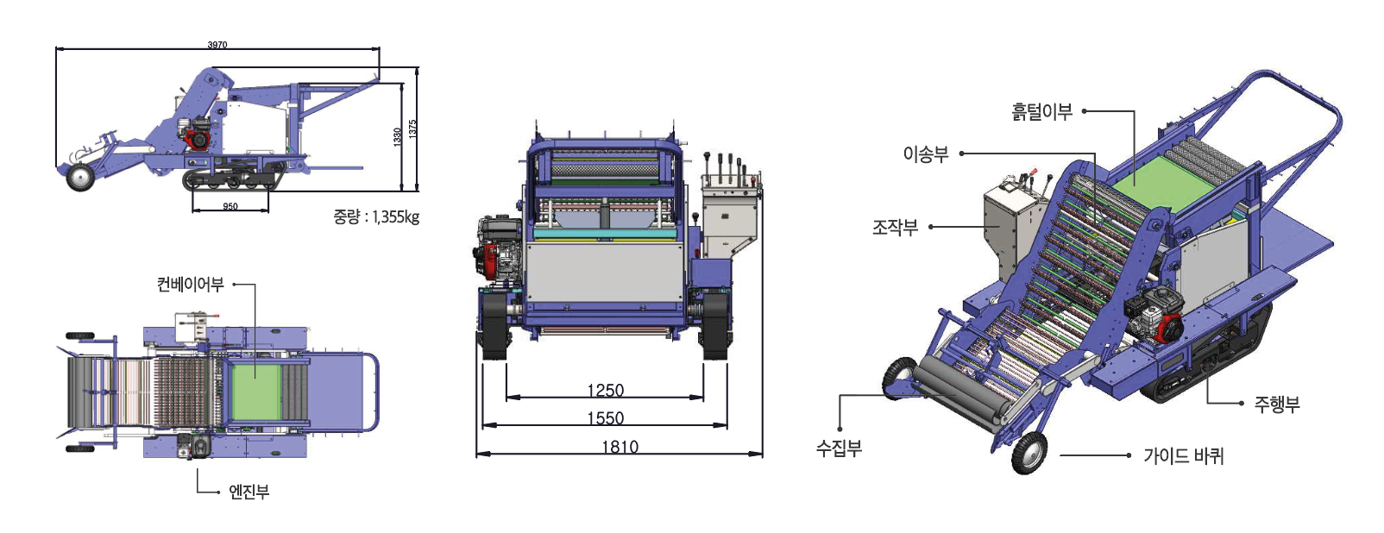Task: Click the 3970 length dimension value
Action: tap(217, 45)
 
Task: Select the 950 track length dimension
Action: tap(230, 206)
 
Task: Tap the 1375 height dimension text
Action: tap(412, 129)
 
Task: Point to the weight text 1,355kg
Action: tap(395, 216)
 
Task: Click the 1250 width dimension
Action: tap(605, 391)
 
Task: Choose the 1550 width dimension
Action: tap(605, 418)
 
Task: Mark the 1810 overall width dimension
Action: tap(620, 447)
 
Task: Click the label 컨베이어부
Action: tap(191, 285)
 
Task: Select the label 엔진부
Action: tap(249, 492)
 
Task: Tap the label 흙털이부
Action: tap(1041, 112)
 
